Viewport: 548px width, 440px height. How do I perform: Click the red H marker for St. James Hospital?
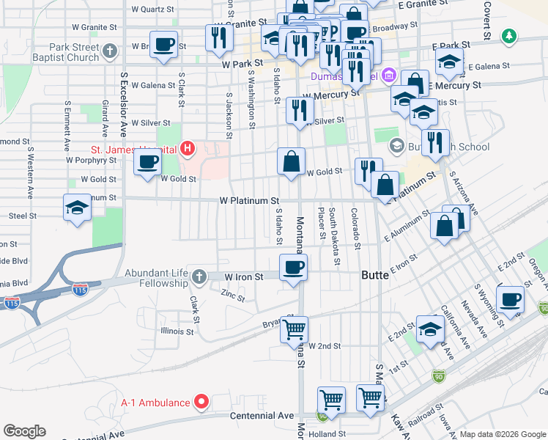(188, 150)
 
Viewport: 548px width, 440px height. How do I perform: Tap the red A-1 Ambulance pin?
(202, 401)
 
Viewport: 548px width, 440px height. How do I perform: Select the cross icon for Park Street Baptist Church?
(110, 51)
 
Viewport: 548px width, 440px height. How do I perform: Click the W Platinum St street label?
(250, 200)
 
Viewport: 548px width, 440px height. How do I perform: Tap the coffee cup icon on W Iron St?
(293, 268)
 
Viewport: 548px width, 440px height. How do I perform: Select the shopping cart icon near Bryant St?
(294, 329)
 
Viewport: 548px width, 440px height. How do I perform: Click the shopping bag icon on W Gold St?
(291, 162)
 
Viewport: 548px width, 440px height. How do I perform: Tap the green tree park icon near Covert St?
(508, 35)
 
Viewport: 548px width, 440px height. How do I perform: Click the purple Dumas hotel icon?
(388, 76)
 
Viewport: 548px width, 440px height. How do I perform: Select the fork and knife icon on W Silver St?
(299, 111)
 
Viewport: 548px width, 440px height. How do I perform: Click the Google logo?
(24, 431)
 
